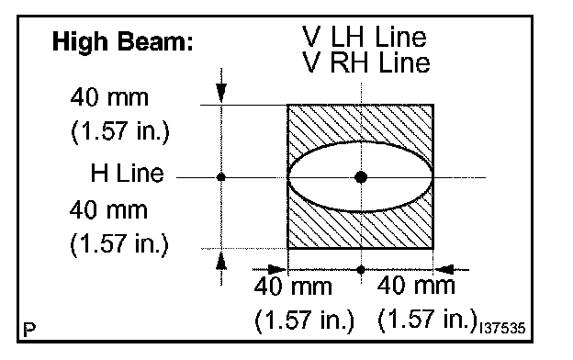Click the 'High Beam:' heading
(123, 41)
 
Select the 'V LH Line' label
(365, 37)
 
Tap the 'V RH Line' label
(365, 62)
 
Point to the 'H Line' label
(127, 173)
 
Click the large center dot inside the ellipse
(361, 177)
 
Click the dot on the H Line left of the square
(221, 177)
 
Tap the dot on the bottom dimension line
(361, 270)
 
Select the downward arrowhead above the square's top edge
(221, 93)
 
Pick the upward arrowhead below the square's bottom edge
(221, 261)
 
